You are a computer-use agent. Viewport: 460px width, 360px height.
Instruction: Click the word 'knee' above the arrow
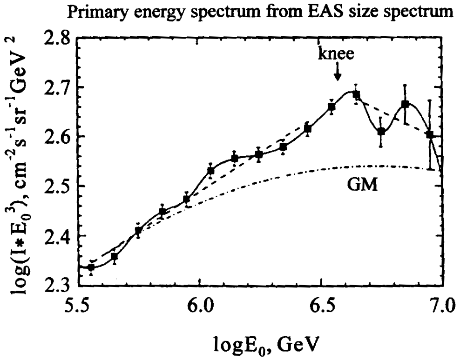click(x=337, y=54)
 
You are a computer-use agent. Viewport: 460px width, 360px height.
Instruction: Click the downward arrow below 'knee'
click(x=338, y=73)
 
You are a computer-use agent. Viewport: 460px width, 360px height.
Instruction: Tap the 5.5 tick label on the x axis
click(x=78, y=307)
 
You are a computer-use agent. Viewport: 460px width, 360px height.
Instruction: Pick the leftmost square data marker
click(x=91, y=267)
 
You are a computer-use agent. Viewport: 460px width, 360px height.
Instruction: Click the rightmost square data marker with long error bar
click(x=430, y=134)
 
